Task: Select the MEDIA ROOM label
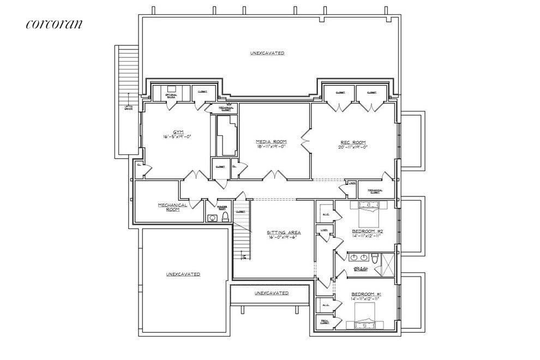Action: pos(271,141)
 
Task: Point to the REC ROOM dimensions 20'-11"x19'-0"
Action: pos(353,146)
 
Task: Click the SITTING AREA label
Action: pos(284,232)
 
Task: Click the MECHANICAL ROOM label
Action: pos(172,207)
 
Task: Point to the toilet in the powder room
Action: pos(224,218)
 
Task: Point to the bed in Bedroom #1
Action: pos(367,317)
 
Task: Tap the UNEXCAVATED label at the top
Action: pos(267,53)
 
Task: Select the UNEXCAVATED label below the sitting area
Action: pos(272,293)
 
